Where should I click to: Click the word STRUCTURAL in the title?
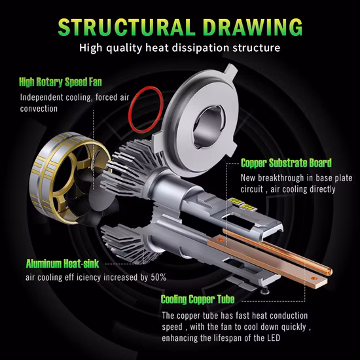point(126,27)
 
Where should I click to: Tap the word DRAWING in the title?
point(253,27)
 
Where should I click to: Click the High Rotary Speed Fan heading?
point(60,82)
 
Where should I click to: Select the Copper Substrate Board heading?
point(286,163)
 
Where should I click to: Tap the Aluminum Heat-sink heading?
point(62,264)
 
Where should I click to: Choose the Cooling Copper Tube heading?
point(198,299)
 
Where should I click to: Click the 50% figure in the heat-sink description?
point(158,278)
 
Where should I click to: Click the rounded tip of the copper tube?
point(329,272)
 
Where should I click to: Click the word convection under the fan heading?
point(39,109)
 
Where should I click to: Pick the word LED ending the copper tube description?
point(274,338)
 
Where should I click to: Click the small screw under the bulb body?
point(265,290)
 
